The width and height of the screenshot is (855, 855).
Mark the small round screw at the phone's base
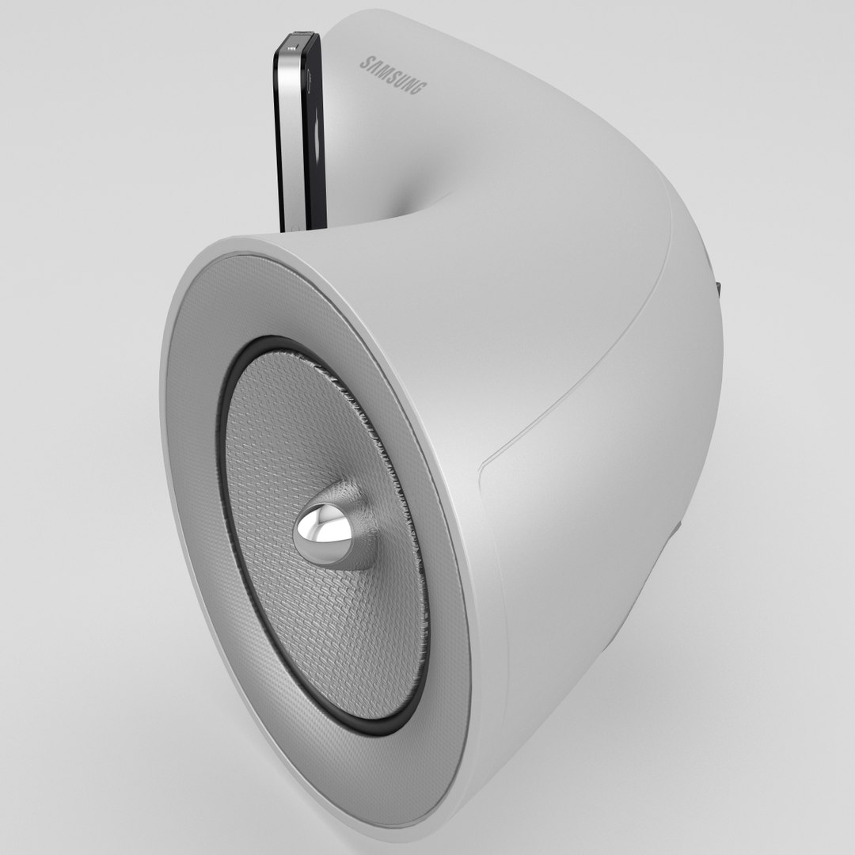(x=295, y=227)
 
